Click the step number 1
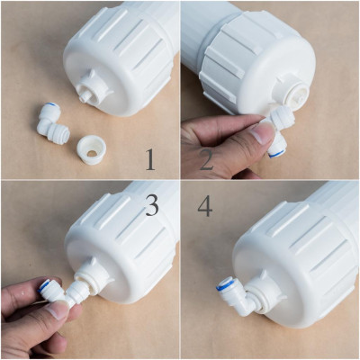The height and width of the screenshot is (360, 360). (x=150, y=160)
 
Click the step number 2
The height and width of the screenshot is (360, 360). (x=206, y=160)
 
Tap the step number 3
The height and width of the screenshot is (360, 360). (x=152, y=204)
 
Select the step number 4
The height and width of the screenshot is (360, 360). (x=205, y=205)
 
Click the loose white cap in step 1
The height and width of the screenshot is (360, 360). (x=92, y=148)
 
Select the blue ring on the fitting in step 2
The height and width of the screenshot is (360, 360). (x=276, y=152)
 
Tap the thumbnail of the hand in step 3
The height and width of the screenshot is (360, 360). (x=57, y=310)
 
